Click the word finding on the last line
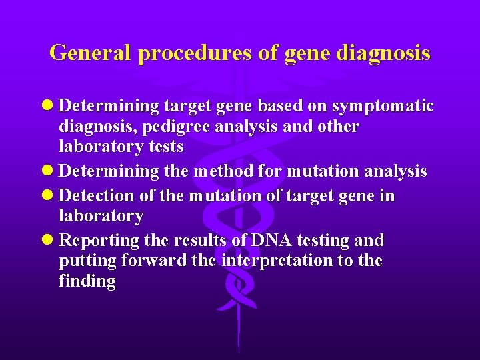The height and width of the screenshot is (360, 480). click(x=87, y=281)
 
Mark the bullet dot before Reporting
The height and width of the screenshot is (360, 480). click(x=49, y=240)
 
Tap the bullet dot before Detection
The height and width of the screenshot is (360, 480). click(x=49, y=196)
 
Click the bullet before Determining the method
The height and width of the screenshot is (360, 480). click(x=49, y=171)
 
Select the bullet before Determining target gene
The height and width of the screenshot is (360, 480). click(x=49, y=107)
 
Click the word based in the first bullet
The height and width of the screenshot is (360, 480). click(x=281, y=107)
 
